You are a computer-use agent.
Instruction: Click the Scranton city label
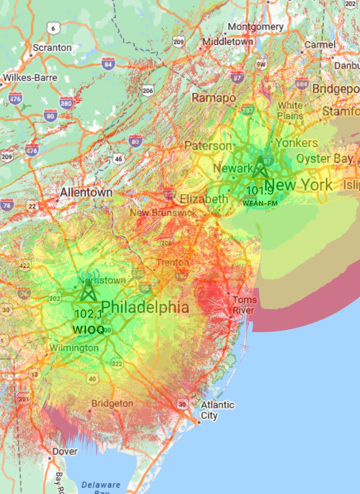[52, 48]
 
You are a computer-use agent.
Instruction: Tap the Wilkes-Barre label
[30, 77]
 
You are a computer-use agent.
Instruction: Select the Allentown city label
[86, 193]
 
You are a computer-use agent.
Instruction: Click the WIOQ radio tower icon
[88, 290]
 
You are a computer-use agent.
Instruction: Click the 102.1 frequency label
[88, 314]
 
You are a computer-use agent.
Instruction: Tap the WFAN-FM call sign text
[260, 203]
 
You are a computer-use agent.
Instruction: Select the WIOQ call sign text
[89, 330]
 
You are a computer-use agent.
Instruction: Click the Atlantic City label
[217, 410]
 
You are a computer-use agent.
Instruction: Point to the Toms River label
[245, 305]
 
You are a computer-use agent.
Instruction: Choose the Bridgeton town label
[112, 403]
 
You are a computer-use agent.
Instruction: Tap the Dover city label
[65, 451]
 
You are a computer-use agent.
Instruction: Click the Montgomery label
[256, 27]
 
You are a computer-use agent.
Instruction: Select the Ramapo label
[214, 98]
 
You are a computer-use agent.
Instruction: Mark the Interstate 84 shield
[108, 64]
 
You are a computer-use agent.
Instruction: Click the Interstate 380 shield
[66, 103]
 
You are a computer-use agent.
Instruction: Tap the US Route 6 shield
[53, 28]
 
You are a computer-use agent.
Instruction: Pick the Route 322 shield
[117, 363]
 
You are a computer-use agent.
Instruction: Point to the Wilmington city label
[74, 348]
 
